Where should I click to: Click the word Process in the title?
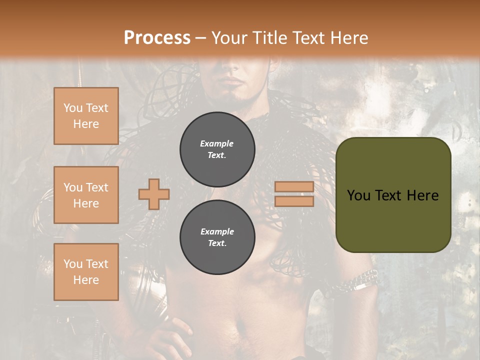coord(157,38)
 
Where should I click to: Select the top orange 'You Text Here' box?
coord(86,116)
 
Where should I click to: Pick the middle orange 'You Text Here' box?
coord(86,195)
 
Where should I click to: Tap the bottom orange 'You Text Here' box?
coord(86,272)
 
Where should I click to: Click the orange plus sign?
coord(154,194)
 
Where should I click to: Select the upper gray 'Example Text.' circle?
coord(217,149)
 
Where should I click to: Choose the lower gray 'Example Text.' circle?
coord(217,237)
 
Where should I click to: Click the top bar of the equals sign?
coord(294,187)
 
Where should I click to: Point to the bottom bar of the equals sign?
coord(294,201)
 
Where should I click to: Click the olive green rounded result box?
coord(393,194)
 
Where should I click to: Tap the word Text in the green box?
coord(392,195)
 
